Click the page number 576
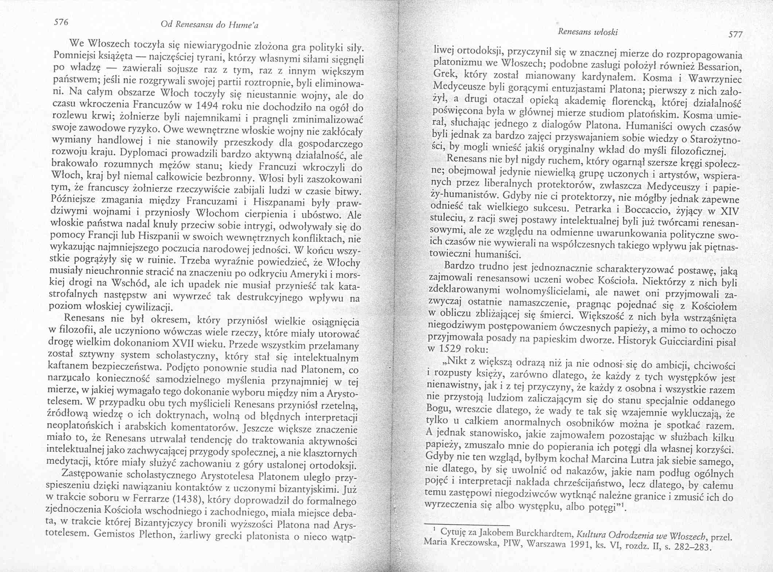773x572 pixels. pyautogui.click(x=61, y=22)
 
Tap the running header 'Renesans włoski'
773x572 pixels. pyautogui.click(x=587, y=32)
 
